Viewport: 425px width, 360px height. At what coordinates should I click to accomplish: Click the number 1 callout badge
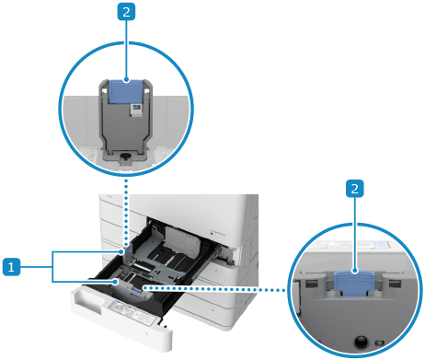[11, 267]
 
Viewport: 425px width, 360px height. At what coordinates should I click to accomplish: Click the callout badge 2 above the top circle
[126, 12]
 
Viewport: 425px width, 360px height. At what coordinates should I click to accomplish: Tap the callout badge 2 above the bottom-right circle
[355, 189]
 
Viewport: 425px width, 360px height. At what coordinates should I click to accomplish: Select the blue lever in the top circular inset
[125, 91]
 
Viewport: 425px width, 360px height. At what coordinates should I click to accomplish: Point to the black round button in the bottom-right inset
[362, 342]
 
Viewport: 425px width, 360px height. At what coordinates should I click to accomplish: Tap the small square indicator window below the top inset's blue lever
[136, 110]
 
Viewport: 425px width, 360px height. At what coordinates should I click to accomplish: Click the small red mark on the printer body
[212, 234]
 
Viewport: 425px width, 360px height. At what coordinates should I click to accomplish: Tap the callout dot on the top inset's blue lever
[126, 80]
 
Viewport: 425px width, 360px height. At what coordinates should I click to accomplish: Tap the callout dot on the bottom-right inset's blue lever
[355, 271]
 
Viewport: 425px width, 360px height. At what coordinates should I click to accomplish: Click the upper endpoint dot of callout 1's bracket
[122, 252]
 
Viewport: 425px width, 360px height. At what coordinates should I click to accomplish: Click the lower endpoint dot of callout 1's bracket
[115, 281]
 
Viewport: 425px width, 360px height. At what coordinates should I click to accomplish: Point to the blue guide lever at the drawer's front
[136, 289]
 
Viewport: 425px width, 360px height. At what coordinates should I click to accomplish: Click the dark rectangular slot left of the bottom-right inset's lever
[310, 283]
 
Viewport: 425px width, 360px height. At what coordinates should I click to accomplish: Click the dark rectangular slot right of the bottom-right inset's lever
[395, 283]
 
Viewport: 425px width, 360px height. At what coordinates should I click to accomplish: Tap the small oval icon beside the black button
[379, 343]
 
